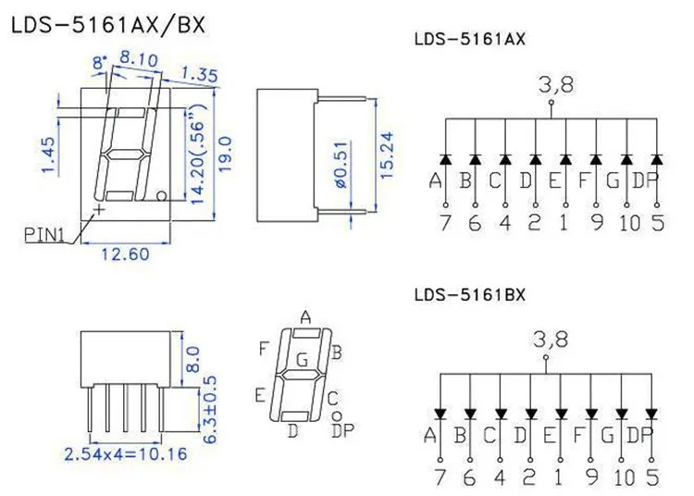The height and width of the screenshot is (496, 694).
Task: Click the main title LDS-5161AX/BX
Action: click(108, 25)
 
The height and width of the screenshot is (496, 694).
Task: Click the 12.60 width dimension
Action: click(125, 254)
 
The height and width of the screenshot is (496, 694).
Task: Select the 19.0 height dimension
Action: click(225, 154)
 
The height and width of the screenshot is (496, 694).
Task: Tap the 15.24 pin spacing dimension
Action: click(387, 155)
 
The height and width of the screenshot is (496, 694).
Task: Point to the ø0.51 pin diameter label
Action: click(342, 166)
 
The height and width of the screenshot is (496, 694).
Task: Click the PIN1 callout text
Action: click(44, 234)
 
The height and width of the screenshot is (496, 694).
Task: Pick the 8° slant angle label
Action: click(100, 62)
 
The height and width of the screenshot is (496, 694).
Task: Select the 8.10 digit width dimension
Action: click(139, 59)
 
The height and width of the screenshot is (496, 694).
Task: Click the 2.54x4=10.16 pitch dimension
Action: click(126, 454)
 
